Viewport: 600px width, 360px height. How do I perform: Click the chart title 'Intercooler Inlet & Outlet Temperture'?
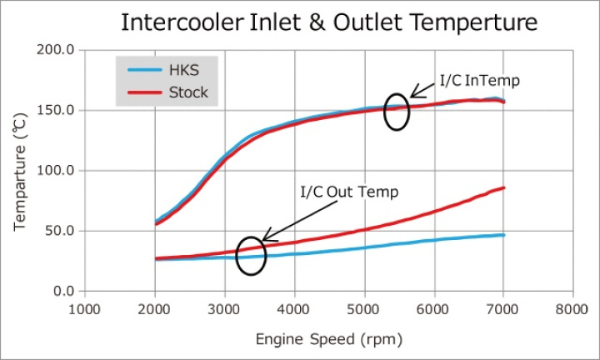tap(329, 22)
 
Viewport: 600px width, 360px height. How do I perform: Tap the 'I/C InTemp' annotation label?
tap(478, 82)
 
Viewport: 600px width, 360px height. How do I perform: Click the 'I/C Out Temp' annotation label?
tap(349, 192)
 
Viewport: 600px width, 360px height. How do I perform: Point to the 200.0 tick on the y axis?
tap(58, 50)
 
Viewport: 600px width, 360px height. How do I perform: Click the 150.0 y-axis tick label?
tap(58, 110)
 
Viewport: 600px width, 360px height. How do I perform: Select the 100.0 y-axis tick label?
tap(58, 170)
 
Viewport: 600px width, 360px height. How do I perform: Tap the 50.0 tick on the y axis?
tap(62, 231)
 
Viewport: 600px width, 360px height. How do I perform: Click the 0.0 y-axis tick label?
tap(65, 291)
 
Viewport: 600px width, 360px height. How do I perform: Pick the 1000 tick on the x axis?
tap(84, 307)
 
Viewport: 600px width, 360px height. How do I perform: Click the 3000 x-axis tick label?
tap(224, 307)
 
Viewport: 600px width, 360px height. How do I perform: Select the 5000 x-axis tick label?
tap(364, 307)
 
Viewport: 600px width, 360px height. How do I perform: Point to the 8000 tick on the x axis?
tap(573, 307)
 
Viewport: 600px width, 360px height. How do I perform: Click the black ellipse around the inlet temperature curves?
tap(397, 112)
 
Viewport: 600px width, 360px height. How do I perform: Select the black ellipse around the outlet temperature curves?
tap(251, 257)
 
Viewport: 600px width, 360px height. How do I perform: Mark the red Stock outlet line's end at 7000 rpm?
tap(503, 187)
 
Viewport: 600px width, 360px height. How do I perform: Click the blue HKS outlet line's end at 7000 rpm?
tap(503, 235)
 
